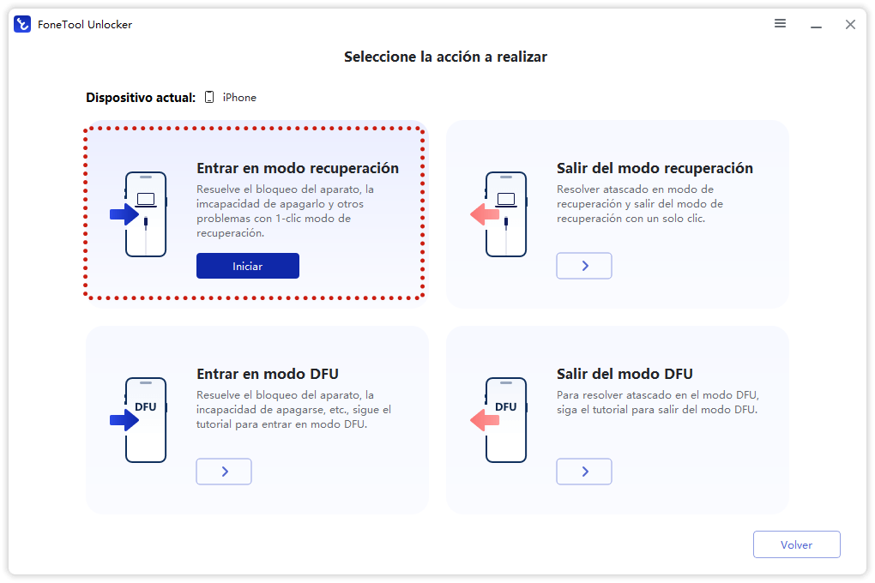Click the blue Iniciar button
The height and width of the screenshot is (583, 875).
pos(247,266)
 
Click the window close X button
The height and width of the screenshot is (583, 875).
pos(850,25)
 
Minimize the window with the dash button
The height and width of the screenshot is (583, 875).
pos(815,25)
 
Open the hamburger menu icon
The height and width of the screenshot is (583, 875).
pos(780,24)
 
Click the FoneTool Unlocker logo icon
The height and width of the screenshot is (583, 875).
pos(22,24)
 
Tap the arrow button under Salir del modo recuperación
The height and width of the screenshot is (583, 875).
pos(584,266)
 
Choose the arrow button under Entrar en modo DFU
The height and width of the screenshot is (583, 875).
pos(224,472)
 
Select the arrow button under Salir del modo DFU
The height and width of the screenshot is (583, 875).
pos(584,472)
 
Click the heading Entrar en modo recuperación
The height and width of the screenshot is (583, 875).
pos(298,168)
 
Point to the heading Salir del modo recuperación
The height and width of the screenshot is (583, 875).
pos(655,168)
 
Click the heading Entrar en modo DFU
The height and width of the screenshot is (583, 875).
pos(268,374)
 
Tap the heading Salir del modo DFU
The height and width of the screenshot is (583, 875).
pos(625,374)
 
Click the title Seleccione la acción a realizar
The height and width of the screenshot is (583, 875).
pos(445,57)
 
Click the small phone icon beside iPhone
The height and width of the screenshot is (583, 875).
pos(209,98)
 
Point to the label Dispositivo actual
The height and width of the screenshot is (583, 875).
pos(141,98)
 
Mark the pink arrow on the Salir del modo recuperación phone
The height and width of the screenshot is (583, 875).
pos(485,214)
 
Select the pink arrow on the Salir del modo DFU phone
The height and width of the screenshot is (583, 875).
pos(485,420)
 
